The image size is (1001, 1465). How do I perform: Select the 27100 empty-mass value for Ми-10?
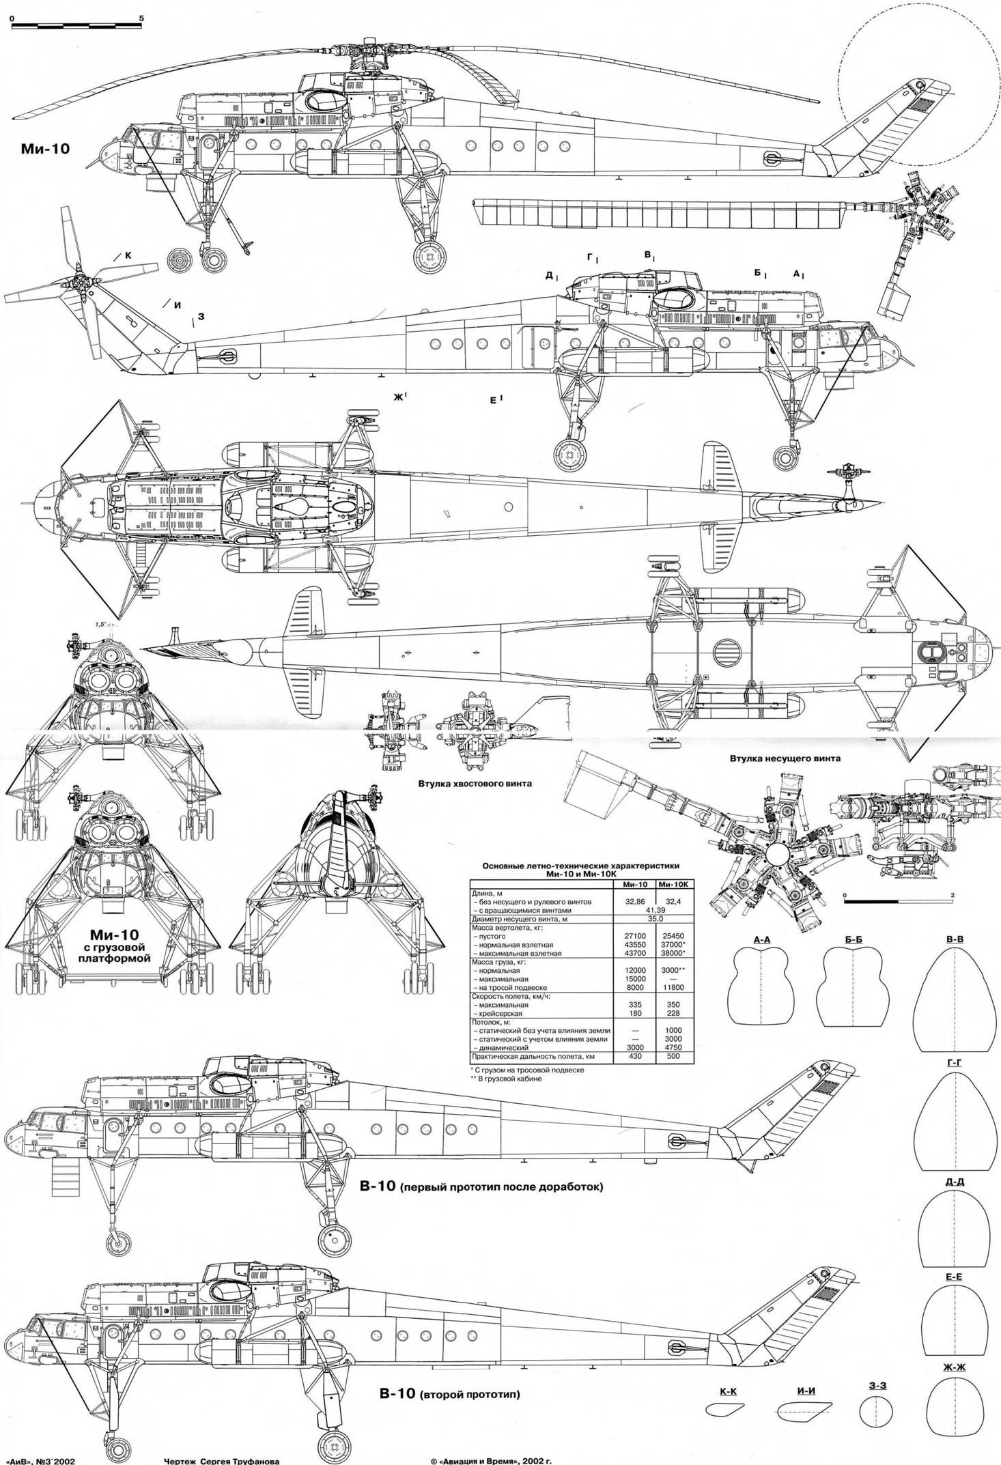click(x=635, y=936)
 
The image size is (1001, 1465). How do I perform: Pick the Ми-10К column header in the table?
click(x=673, y=885)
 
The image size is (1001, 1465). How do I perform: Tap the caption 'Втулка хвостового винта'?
click(x=475, y=784)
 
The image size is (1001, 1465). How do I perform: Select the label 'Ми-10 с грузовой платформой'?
click(x=120, y=944)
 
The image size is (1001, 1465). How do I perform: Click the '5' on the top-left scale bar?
click(x=141, y=17)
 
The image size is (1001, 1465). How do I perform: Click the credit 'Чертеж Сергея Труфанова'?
click(x=221, y=1460)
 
